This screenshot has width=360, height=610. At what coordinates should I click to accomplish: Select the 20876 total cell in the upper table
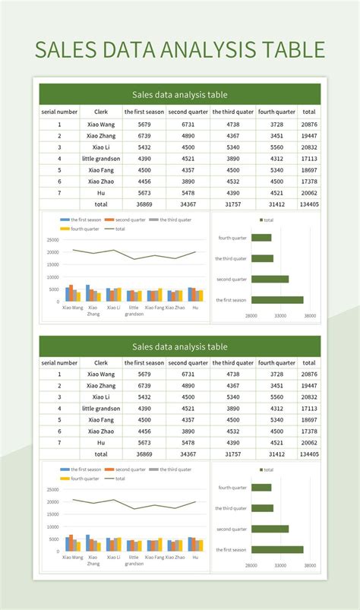[308, 124]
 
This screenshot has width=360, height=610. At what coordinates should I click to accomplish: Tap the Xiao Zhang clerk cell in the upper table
[100, 135]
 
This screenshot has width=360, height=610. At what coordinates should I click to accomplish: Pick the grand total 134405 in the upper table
[308, 204]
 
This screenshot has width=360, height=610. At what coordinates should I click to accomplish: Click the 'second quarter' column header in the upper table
[188, 112]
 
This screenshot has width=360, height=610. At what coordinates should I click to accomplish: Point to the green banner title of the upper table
[179, 95]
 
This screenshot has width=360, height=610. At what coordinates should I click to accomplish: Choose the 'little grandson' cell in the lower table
[100, 408]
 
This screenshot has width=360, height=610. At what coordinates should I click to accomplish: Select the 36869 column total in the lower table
[144, 454]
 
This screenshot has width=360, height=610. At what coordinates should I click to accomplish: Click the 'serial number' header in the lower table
[59, 362]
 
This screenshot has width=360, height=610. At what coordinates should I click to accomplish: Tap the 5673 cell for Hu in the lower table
[144, 442]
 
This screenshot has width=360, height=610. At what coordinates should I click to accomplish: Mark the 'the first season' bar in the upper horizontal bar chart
[277, 300]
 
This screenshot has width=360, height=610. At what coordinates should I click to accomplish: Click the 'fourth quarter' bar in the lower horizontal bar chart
[261, 488]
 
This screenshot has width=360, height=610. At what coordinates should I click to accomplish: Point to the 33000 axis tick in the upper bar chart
[280, 314]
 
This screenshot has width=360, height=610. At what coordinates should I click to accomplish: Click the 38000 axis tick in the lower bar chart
[310, 564]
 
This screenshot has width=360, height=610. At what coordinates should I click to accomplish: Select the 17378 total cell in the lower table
[308, 431]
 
